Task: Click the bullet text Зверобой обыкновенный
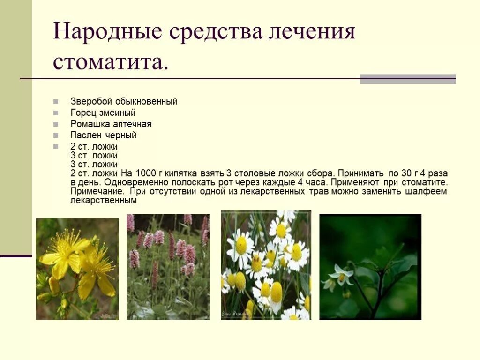coord(124,101)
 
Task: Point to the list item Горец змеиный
coord(103,112)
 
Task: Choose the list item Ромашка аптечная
coord(111,124)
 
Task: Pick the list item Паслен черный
coord(103,135)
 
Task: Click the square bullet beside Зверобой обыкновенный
coord(56,101)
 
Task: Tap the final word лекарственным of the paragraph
coord(104,200)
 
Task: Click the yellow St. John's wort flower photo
coord(77,269)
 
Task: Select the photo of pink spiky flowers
coord(168,267)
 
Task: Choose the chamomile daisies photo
coord(266,265)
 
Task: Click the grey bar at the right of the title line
coord(407,79)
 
